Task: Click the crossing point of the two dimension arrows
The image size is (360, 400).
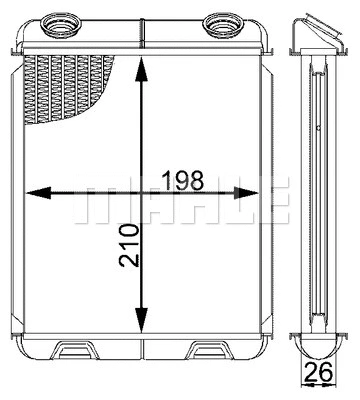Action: point(145,193)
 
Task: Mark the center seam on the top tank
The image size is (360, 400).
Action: point(145,40)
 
